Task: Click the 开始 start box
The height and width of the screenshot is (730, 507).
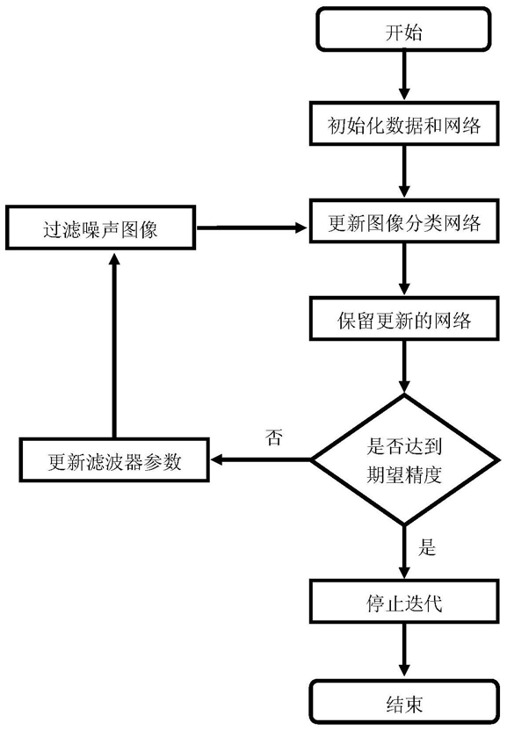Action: tap(403, 29)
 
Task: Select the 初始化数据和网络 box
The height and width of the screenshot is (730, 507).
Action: tap(403, 125)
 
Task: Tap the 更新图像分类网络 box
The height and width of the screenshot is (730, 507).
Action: tap(403, 221)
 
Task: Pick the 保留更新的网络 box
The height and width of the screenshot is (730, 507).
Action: tap(403, 319)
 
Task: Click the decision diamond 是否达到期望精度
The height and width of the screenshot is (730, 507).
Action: tap(403, 460)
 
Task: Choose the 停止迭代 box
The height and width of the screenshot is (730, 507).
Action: tap(403, 602)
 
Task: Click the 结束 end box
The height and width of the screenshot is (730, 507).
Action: tap(403, 702)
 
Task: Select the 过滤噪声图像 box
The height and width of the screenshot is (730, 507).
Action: tap(100, 228)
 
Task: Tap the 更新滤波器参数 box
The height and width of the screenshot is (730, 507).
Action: tap(114, 460)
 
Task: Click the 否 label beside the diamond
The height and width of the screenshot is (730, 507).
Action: tap(274, 437)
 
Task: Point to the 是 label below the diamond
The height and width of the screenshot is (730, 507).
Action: tap(426, 546)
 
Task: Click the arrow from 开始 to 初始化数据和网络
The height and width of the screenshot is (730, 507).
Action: tap(404, 76)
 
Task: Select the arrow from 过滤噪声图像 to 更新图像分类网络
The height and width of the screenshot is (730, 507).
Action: tap(252, 228)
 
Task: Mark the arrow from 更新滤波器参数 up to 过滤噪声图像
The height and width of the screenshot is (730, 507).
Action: tap(114, 344)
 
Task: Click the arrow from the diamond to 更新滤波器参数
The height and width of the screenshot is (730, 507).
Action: tap(260, 460)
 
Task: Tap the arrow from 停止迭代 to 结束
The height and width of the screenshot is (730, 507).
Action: tap(404, 651)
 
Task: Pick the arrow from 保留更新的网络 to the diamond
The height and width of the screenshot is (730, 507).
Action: tap(404, 367)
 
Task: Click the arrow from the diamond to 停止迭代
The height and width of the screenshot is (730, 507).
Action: tap(404, 553)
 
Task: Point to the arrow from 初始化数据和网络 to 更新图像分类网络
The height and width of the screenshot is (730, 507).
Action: tap(404, 172)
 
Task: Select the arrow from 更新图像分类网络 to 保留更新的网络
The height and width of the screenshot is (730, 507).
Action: tap(404, 270)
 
